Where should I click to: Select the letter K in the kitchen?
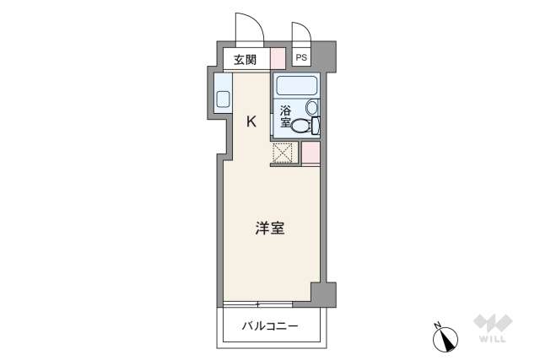click(x=251, y=121)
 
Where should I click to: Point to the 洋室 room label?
click(x=270, y=228)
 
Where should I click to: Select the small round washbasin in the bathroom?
click(x=312, y=107)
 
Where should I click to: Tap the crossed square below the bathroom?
click(x=283, y=153)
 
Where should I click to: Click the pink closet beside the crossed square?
click(x=310, y=153)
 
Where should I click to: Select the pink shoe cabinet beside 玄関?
click(x=278, y=59)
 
